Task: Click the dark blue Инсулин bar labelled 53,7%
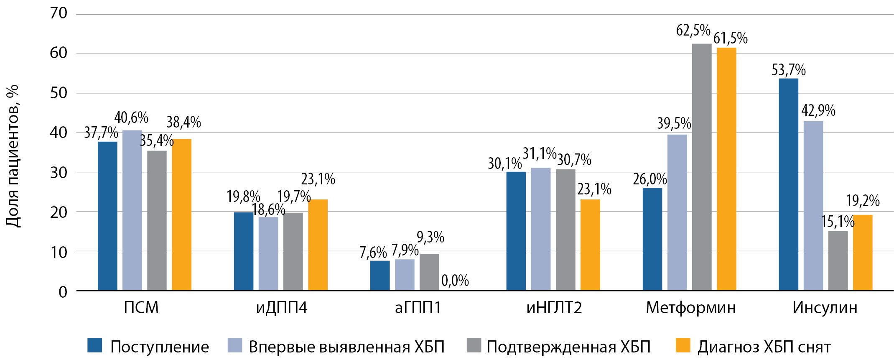(788, 184)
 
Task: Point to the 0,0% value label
(455, 281)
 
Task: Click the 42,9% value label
(818, 111)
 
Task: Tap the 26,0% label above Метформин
(649, 179)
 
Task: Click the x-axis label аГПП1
(418, 308)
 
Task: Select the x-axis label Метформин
(690, 308)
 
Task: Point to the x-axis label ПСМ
(141, 308)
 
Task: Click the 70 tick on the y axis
(59, 13)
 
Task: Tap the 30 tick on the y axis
(59, 172)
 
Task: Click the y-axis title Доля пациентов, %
(13, 156)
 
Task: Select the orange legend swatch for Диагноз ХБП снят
(683, 345)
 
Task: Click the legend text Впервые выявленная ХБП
(346, 347)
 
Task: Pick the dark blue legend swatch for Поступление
(95, 345)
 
